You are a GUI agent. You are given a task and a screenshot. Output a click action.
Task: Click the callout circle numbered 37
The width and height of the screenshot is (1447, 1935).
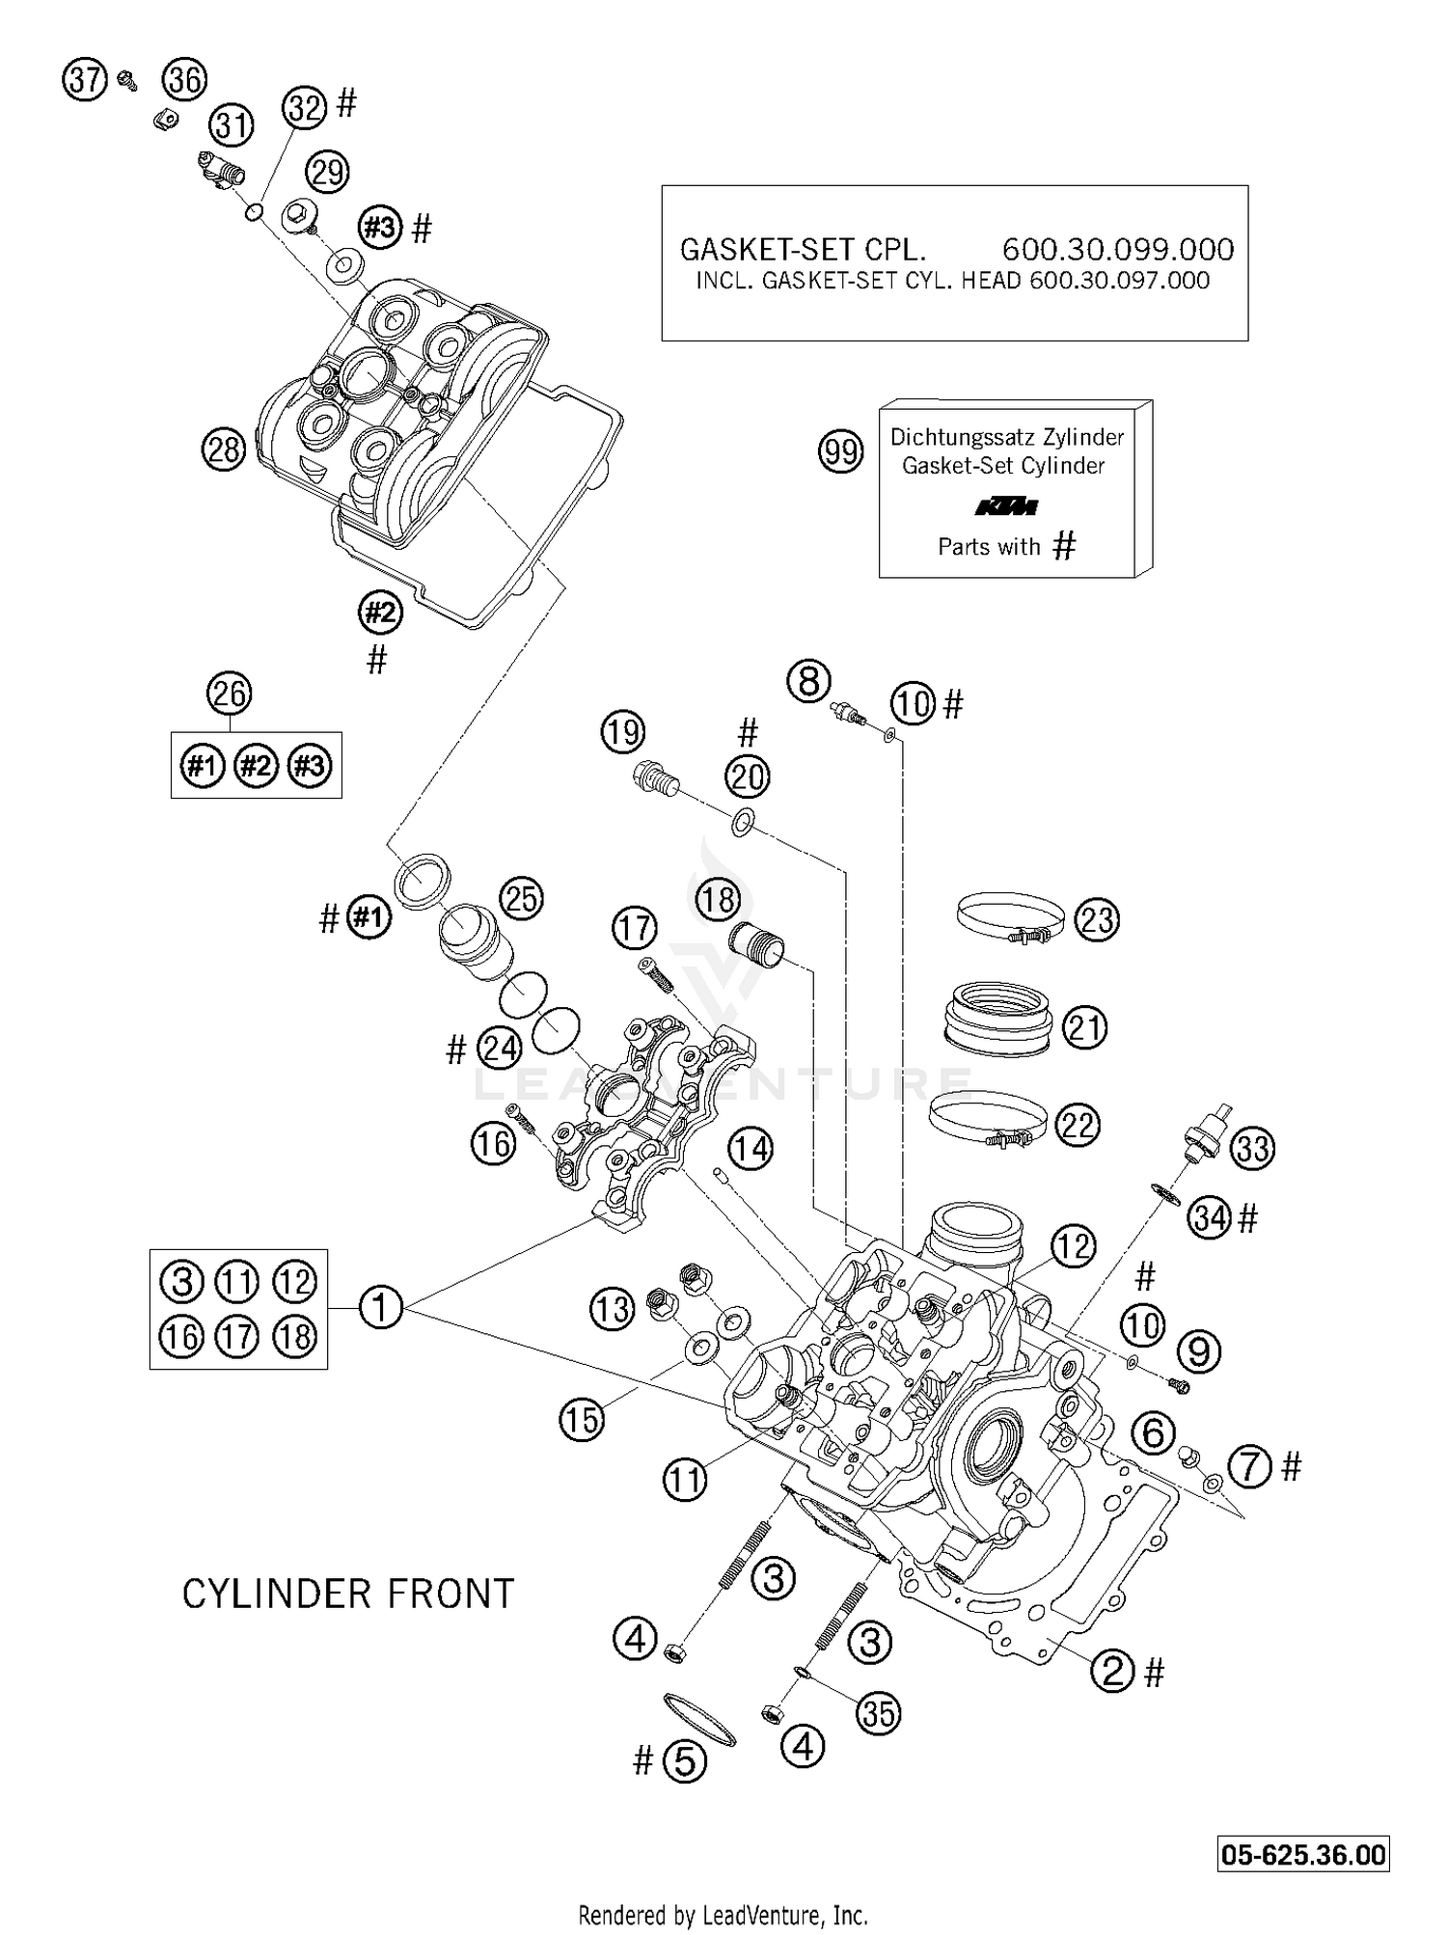coord(85,79)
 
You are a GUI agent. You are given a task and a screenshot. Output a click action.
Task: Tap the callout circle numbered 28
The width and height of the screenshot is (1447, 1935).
coord(224,450)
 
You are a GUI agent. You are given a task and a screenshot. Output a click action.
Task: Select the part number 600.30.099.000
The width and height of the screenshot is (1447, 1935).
coord(1118,250)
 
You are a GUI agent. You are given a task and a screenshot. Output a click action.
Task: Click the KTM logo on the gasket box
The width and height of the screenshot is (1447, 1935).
coord(1005,506)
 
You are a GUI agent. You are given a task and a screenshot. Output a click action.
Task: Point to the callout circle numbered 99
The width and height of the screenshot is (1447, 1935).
coord(840,450)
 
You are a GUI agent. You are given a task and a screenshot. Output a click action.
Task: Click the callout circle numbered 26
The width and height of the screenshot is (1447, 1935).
coord(230,695)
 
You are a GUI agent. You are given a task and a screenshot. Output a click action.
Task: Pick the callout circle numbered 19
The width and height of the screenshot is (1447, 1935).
coord(623,732)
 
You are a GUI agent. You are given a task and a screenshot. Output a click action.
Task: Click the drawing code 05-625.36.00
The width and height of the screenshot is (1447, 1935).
coord(1303,1855)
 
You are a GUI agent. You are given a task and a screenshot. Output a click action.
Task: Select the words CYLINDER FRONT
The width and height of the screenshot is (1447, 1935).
coord(348,1594)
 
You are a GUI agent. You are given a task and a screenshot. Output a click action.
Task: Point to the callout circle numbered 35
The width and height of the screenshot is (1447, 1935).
coord(877,1713)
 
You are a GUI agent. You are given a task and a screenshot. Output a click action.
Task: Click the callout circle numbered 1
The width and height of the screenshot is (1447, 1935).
coord(380,1308)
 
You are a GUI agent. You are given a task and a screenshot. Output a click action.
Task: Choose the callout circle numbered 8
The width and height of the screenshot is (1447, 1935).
coord(808,681)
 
